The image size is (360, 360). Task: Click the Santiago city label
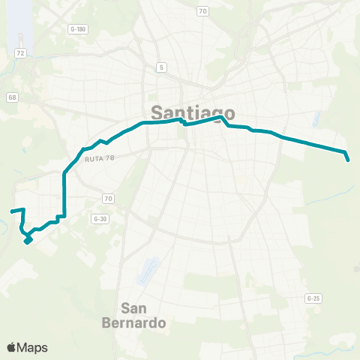[193, 113]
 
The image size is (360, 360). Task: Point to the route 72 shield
[21, 54]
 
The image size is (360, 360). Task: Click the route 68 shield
[13, 97]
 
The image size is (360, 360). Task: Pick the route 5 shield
[161, 67]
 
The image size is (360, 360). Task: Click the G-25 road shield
[313, 298]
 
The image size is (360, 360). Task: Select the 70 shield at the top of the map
[202, 10]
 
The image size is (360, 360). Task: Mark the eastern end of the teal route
[349, 159]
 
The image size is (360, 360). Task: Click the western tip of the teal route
[11, 211]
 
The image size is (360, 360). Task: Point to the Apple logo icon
[12, 347]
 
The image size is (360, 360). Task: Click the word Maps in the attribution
[33, 347]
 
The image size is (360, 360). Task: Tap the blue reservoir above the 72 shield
[22, 22]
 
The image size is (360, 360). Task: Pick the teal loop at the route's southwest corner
[28, 239]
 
